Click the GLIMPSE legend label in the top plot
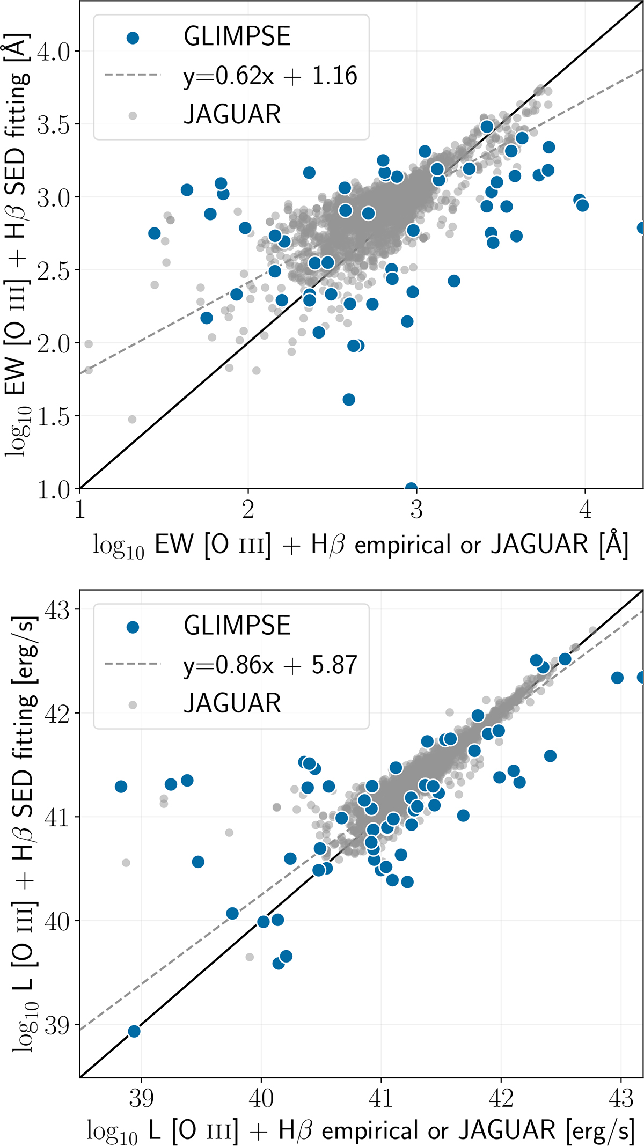click(x=237, y=36)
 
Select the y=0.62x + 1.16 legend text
click(x=270, y=76)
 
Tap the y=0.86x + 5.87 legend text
click(x=270, y=665)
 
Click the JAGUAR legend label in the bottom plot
click(x=232, y=703)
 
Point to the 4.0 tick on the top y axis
click(x=54, y=52)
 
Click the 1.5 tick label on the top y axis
click(x=54, y=416)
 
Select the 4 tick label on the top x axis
click(x=584, y=509)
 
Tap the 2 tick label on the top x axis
click(x=248, y=509)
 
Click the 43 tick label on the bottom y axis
click(x=57, y=609)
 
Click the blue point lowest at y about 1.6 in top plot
click(x=349, y=400)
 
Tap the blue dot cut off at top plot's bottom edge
click(x=411, y=487)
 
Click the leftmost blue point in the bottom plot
click(x=121, y=787)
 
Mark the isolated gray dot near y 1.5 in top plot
click(x=132, y=419)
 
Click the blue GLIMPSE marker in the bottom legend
click(x=133, y=627)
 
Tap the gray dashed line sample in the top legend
click(x=133, y=75)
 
